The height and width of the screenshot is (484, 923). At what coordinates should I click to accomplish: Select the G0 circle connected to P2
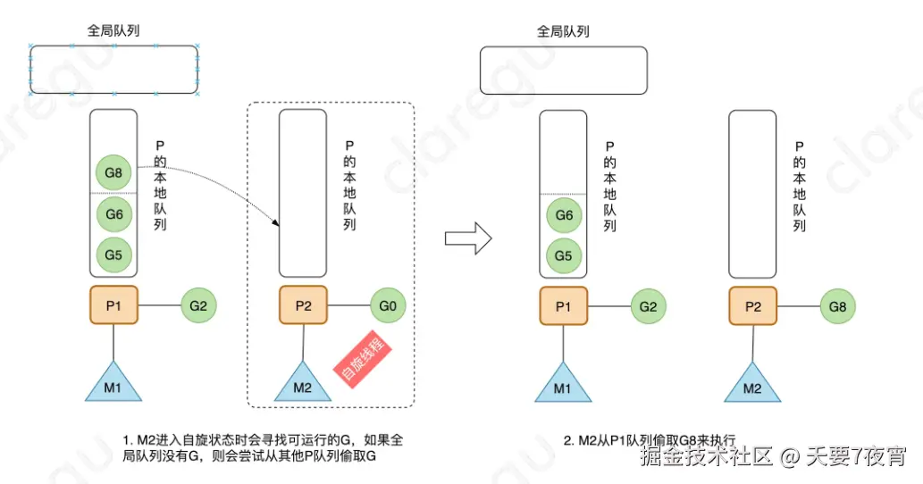pyautogui.click(x=388, y=306)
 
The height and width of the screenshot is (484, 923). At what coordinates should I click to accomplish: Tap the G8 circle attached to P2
pyautogui.click(x=838, y=306)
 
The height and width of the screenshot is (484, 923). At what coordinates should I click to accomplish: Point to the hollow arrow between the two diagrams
pyautogui.click(x=468, y=238)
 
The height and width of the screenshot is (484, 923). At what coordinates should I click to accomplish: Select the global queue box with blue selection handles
pyautogui.click(x=113, y=69)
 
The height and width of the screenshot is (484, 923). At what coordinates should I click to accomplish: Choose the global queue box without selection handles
pyautogui.click(x=563, y=70)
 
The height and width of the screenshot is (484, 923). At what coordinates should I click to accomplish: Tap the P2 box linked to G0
pyautogui.click(x=303, y=306)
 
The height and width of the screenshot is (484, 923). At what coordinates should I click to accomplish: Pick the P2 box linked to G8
pyautogui.click(x=752, y=306)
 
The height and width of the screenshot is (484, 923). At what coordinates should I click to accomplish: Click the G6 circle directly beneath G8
pyautogui.click(x=113, y=214)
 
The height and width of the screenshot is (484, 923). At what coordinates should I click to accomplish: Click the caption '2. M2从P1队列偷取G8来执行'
pyautogui.click(x=650, y=440)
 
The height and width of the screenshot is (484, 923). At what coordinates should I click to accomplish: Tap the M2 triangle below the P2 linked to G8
pyautogui.click(x=752, y=382)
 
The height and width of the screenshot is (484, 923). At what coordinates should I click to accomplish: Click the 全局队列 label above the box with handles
pyautogui.click(x=113, y=30)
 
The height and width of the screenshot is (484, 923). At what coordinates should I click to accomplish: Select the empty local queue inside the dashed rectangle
pyautogui.click(x=303, y=192)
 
